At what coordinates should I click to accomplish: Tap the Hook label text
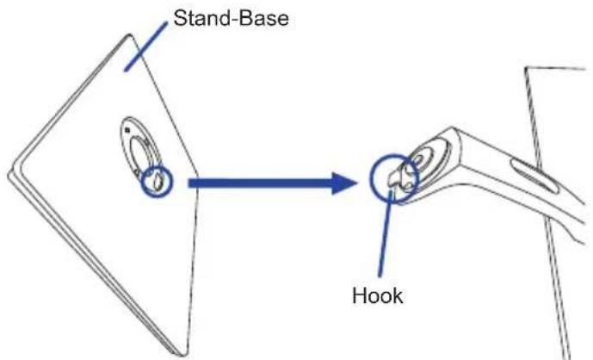(x=378, y=295)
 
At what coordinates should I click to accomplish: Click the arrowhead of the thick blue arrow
(x=344, y=183)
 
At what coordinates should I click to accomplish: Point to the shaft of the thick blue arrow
(x=260, y=183)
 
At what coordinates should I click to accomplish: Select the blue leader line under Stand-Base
(x=145, y=47)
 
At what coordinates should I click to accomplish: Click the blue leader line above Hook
(x=386, y=233)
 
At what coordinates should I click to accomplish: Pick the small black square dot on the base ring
(x=127, y=130)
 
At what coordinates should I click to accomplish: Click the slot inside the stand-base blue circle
(x=157, y=182)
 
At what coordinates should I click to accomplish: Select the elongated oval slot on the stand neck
(x=534, y=176)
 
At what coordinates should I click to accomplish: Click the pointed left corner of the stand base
(x=9, y=175)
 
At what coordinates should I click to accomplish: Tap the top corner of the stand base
(x=130, y=35)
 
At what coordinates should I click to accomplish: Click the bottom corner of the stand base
(x=184, y=354)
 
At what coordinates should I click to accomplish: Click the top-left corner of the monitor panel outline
(x=525, y=68)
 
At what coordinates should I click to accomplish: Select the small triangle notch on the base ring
(x=135, y=172)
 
